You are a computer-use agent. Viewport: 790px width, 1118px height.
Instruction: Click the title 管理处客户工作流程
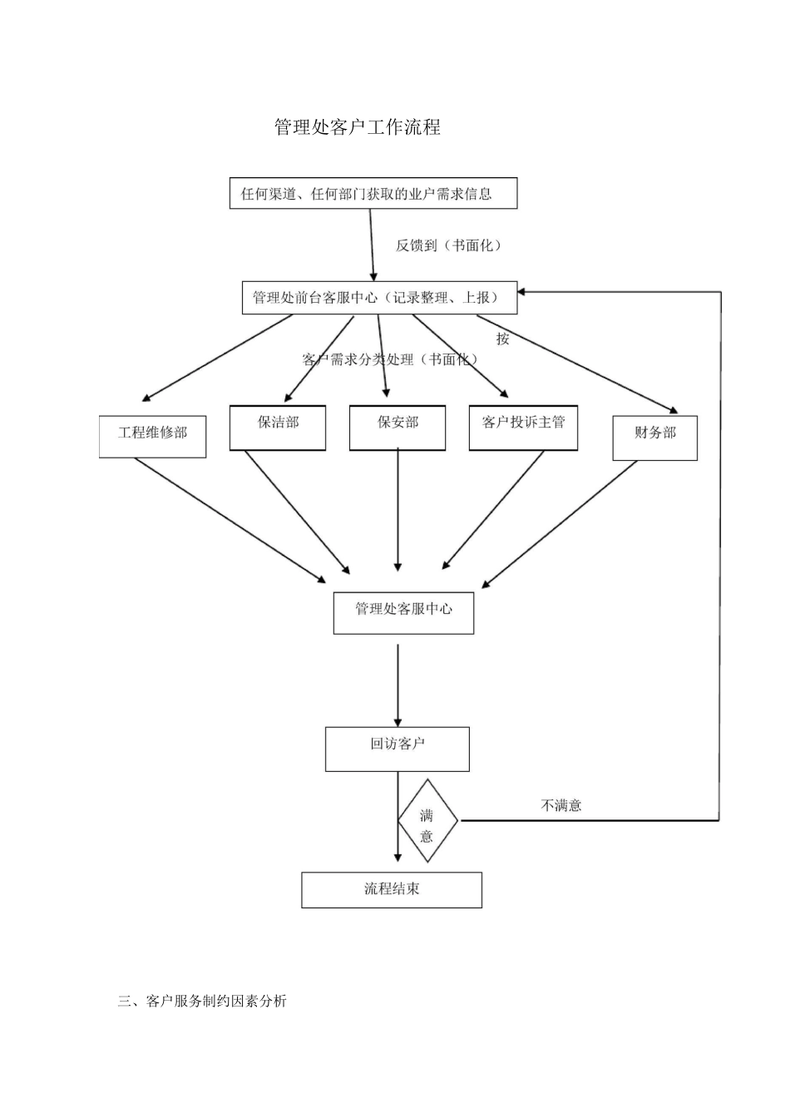click(x=358, y=127)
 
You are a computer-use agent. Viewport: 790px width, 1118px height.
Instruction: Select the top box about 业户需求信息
click(x=373, y=193)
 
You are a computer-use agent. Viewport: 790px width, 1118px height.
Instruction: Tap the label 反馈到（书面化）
click(x=448, y=245)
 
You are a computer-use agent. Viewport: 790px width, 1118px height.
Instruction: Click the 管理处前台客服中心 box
click(x=379, y=298)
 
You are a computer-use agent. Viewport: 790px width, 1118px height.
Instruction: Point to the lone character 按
click(x=502, y=339)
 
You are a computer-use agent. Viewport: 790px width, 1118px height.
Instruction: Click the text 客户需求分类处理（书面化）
click(x=390, y=359)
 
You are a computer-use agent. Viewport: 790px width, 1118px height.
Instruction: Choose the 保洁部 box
click(x=277, y=428)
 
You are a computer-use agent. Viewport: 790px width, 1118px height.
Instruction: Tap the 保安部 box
click(x=397, y=428)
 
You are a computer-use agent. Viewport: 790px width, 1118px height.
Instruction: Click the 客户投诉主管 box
click(x=523, y=428)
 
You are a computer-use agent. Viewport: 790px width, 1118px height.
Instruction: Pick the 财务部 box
click(x=654, y=438)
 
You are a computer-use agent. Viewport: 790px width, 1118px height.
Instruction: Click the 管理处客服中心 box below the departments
click(x=403, y=613)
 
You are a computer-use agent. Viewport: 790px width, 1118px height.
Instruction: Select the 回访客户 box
click(x=397, y=749)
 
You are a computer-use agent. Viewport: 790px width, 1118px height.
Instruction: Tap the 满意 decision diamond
click(x=427, y=821)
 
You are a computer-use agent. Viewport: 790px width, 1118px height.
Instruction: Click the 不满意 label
click(x=561, y=805)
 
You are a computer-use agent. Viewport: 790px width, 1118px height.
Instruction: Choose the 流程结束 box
click(x=391, y=889)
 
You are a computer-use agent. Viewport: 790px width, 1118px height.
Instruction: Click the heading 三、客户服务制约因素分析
click(x=202, y=1001)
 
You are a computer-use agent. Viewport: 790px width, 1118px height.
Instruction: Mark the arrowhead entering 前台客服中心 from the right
click(x=525, y=292)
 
